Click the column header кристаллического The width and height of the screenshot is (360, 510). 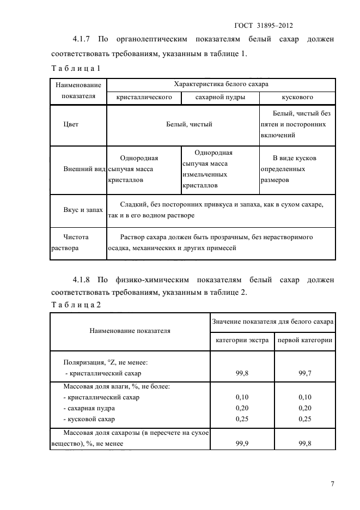click(144, 97)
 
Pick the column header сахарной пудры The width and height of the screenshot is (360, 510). click(219, 97)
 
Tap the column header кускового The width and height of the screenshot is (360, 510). click(297, 97)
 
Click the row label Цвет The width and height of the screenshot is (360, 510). click(71, 124)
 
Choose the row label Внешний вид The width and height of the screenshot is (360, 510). click(84, 168)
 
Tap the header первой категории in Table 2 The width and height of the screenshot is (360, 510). click(305, 341)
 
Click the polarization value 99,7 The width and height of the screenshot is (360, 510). click(305, 373)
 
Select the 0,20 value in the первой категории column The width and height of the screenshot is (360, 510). click(305, 408)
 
